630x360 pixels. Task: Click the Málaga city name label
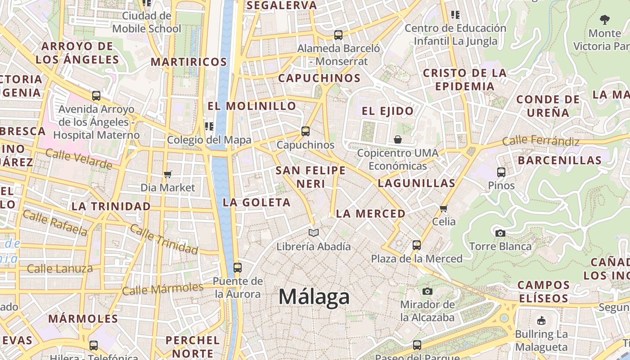tap(314, 297)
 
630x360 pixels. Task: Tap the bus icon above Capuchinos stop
tap(306, 131)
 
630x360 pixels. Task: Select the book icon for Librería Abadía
tap(314, 233)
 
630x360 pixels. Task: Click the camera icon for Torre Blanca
tap(500, 233)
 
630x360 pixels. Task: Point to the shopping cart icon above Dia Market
tap(168, 174)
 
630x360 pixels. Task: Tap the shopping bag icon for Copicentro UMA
tap(397, 139)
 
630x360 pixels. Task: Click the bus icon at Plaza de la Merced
tap(417, 245)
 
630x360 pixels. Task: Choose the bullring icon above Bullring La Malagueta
tap(541, 321)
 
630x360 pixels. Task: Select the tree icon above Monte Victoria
tap(605, 19)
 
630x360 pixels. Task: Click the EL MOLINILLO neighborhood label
tap(252, 106)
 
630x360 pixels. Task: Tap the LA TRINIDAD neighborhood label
tap(111, 207)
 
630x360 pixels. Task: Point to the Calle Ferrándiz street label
tap(541, 141)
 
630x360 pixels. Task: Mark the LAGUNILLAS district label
tap(416, 183)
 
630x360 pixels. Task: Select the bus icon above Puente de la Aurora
tap(238, 268)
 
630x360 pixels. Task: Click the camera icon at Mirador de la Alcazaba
tap(427, 291)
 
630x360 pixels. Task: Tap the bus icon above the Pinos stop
tap(501, 172)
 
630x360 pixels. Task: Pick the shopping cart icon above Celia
tap(444, 208)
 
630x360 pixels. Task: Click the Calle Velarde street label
tap(79, 159)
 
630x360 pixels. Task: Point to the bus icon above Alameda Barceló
tap(338, 35)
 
